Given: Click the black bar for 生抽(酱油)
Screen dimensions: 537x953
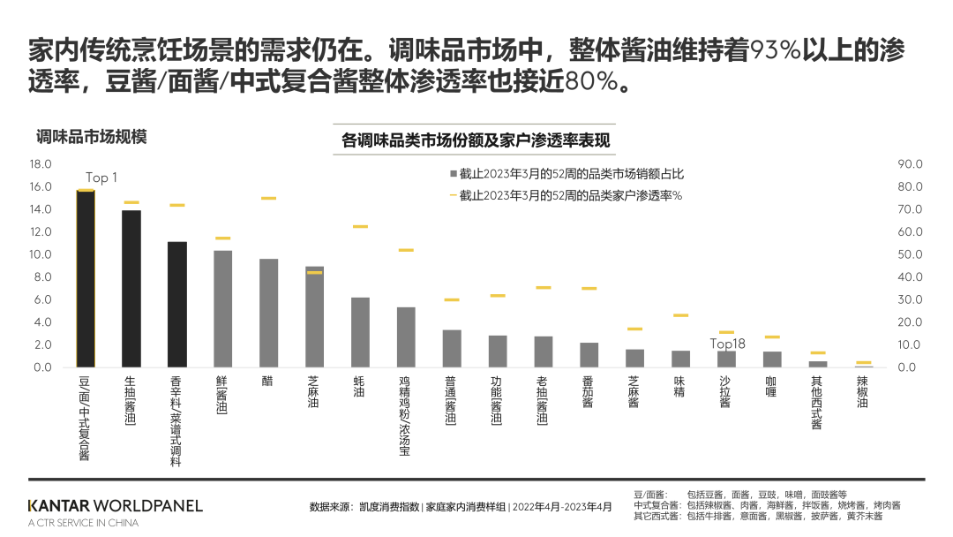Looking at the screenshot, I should tap(131, 288).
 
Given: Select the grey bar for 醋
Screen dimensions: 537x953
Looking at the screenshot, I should tap(268, 313).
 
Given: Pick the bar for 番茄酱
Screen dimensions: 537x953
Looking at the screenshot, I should tap(589, 355).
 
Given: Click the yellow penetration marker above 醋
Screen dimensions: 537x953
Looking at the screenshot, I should tap(268, 199).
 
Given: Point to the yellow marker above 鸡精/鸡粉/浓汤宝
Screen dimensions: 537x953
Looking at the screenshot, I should tap(406, 251).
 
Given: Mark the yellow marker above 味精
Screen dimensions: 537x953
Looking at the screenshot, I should tap(680, 315).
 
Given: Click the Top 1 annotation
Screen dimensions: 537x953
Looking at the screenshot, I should tap(101, 178).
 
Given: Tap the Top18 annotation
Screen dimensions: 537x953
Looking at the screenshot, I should tap(728, 344).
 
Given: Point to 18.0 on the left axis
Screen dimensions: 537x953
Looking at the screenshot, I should tap(41, 164).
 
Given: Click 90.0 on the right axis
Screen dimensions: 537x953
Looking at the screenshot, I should tap(910, 164).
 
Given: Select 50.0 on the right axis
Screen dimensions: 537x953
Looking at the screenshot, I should tap(910, 254).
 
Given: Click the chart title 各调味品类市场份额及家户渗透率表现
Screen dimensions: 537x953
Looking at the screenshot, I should tap(475, 140).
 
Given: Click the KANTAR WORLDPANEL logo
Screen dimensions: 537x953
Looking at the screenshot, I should tap(115, 506).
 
